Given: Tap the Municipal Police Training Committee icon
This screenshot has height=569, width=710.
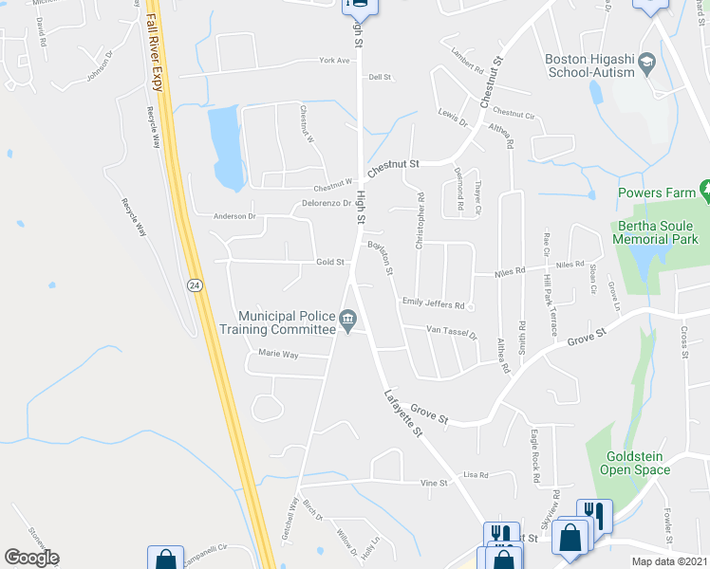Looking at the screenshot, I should pyautogui.click(x=348, y=319).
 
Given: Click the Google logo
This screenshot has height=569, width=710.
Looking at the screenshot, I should pyautogui.click(x=31, y=557).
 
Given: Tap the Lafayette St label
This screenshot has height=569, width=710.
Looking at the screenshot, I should pyautogui.click(x=402, y=413).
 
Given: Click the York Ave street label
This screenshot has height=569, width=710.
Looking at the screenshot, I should pyautogui.click(x=335, y=60).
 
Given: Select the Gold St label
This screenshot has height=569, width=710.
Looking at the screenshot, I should pyautogui.click(x=330, y=263).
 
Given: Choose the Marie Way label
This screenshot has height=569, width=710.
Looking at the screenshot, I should pyautogui.click(x=278, y=354).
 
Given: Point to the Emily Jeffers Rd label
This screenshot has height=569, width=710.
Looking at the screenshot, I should pyautogui.click(x=433, y=304).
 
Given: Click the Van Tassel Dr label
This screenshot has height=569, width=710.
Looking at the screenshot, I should pyautogui.click(x=452, y=331).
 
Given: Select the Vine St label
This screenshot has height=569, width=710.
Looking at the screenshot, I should pyautogui.click(x=434, y=483).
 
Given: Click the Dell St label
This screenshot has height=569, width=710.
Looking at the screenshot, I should pyautogui.click(x=381, y=77).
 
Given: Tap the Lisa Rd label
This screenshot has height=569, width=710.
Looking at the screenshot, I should pyautogui.click(x=476, y=474).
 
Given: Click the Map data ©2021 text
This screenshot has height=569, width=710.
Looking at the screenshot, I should pyautogui.click(x=668, y=561).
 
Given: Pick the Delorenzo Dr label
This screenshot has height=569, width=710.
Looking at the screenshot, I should pyautogui.click(x=327, y=203).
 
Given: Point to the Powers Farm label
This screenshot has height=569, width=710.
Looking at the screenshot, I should pyautogui.click(x=656, y=193).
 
